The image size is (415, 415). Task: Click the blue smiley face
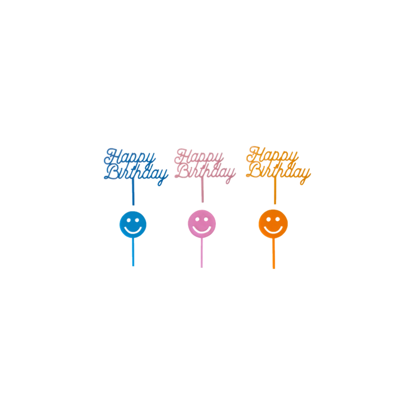click(133, 225)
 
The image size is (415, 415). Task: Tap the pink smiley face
click(201, 224)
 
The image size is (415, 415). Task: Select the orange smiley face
click(273, 224)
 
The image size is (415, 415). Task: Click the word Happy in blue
click(129, 158)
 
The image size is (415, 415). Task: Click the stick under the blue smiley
click(133, 252)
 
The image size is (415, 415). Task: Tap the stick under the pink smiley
click(201, 253)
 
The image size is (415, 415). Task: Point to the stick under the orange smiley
click(274, 253)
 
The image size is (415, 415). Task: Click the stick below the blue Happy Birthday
click(133, 192)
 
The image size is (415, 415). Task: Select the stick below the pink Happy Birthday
click(203, 190)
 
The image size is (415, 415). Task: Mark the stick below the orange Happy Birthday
click(275, 190)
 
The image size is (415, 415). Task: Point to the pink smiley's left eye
click(197, 219)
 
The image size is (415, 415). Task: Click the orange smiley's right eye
click(278, 220)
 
